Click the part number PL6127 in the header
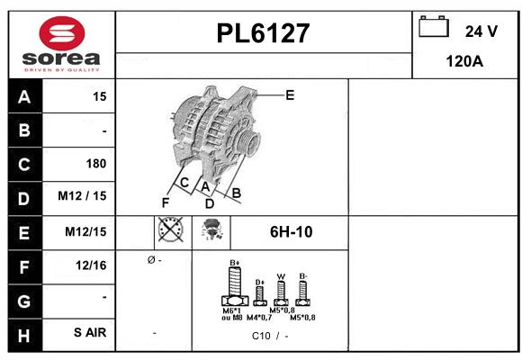pos(263,33)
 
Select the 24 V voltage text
pos(481,31)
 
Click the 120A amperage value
pos(465,61)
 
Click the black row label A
pos(24,96)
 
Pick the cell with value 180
pos(95,164)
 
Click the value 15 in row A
pos(99,96)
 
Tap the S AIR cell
pos(90,333)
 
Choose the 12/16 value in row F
pos(92,265)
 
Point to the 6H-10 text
pos(291,232)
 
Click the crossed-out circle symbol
pos(169,231)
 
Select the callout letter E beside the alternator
pos(290,94)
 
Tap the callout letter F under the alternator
pos(165,202)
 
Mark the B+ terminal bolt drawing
pos(234,290)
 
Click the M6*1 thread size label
pos(232,310)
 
